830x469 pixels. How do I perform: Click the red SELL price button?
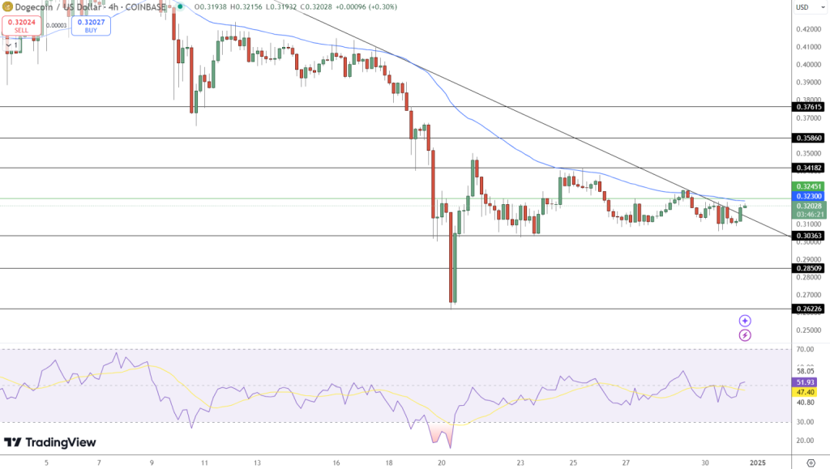point(19,26)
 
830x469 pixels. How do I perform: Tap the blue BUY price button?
point(91,26)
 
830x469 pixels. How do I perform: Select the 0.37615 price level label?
point(809,107)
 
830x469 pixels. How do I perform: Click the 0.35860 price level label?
point(809,139)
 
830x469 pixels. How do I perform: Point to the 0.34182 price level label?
point(809,168)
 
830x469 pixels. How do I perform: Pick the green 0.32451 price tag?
point(809,186)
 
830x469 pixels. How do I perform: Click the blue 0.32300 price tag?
point(809,196)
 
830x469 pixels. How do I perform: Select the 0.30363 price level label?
point(809,236)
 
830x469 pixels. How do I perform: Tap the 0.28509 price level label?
point(809,268)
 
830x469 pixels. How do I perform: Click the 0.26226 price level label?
point(809,309)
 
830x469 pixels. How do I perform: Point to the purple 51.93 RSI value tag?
point(805,382)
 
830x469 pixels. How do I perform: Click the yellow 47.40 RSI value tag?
point(805,391)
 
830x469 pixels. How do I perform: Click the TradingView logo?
point(50,442)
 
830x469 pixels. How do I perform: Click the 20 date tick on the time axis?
point(442,463)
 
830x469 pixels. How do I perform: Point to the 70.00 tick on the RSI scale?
point(805,349)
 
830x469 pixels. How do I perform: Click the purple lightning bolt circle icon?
point(745,335)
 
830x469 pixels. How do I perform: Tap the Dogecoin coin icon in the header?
point(7,7)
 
